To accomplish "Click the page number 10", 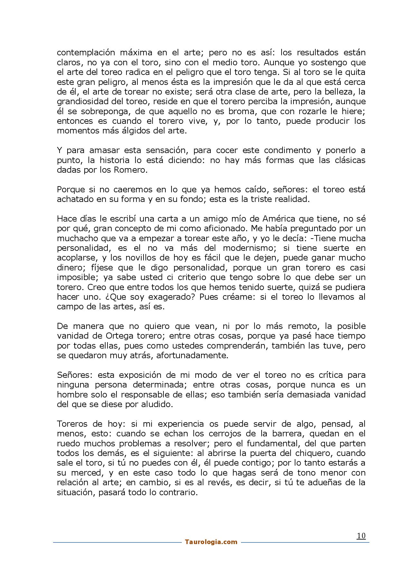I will pos(361,536).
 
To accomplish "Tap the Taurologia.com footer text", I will pos(211,542).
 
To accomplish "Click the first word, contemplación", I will pos(86,52).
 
